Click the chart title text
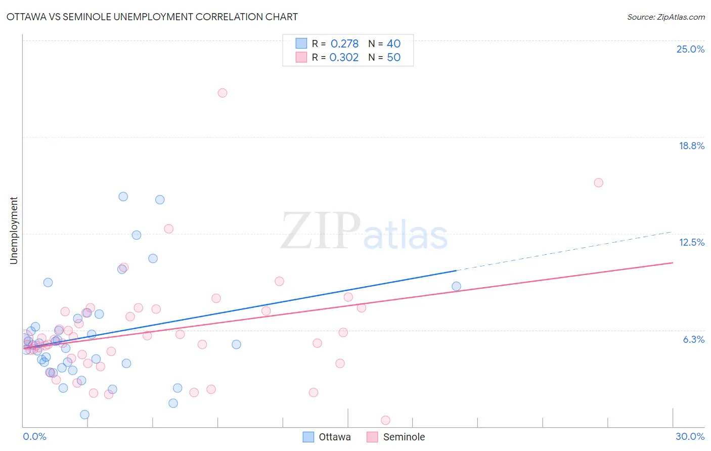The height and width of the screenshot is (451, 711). click(x=152, y=17)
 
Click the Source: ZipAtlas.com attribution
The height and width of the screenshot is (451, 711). click(x=665, y=17)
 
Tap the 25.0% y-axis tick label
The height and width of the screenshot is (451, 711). click(x=690, y=49)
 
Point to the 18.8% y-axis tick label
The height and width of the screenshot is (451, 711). click(x=691, y=146)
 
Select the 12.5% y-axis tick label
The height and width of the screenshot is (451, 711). click(x=691, y=242)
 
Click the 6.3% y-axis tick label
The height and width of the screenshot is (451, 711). click(x=693, y=339)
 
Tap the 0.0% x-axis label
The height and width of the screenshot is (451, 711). click(x=34, y=436)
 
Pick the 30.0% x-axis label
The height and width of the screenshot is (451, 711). click(x=690, y=436)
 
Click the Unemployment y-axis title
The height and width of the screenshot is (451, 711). click(x=14, y=231)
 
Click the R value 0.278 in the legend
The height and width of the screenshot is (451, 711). click(x=344, y=44)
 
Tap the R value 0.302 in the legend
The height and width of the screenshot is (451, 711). click(x=344, y=58)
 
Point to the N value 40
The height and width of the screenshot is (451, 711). click(x=393, y=44)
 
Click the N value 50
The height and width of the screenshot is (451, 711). click(x=393, y=58)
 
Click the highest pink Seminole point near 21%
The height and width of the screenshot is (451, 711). click(x=223, y=93)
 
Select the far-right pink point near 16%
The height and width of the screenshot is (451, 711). click(x=599, y=183)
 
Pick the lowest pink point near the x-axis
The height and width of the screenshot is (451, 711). click(x=385, y=420)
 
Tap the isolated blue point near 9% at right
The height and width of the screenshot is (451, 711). click(x=456, y=286)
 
